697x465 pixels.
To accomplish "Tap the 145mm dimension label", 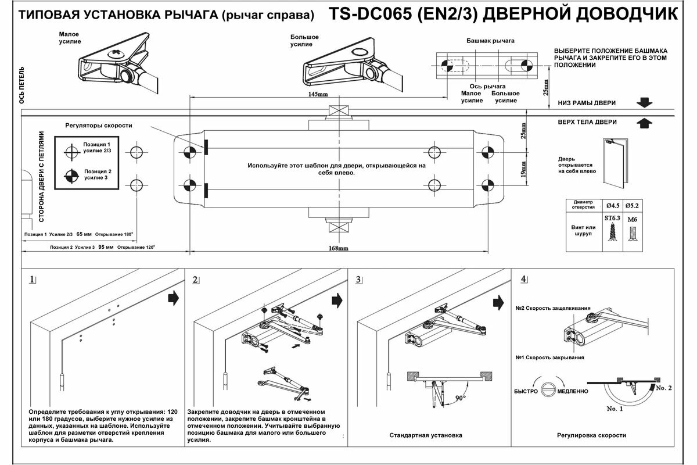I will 318,95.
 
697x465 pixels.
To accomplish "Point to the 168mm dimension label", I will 338,249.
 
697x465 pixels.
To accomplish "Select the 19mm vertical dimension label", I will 523,170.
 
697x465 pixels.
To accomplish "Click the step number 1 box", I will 33,280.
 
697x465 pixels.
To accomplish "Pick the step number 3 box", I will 360,280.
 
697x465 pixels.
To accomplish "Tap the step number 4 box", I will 524,279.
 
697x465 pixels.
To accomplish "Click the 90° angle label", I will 461,398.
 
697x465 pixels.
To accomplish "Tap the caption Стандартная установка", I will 426,435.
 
